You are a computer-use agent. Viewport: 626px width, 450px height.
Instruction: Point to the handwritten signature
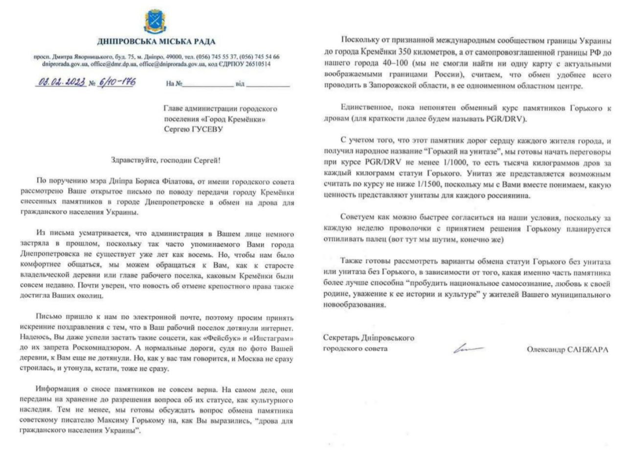pyautogui.click(x=467, y=348)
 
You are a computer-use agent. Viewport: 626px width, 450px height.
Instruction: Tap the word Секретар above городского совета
pyautogui.click(x=340, y=338)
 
